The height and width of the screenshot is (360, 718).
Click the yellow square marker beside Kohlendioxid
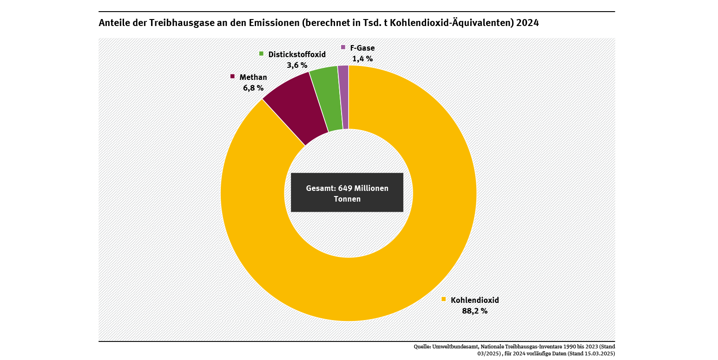(x=443, y=299)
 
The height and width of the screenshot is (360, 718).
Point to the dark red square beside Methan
(x=232, y=76)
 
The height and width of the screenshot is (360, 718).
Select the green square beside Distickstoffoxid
(x=261, y=54)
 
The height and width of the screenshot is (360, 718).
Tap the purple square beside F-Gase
(x=343, y=47)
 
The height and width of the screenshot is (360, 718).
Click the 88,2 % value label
(x=474, y=311)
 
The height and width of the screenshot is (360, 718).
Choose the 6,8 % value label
(x=253, y=88)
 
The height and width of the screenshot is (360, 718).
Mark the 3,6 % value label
(x=297, y=65)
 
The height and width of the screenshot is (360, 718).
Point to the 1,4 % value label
(x=362, y=59)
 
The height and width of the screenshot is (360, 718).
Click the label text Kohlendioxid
(x=474, y=300)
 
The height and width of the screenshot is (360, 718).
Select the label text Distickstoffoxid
(x=297, y=54)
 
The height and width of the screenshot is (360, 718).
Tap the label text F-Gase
(x=362, y=47)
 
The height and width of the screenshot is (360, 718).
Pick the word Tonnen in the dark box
(x=347, y=199)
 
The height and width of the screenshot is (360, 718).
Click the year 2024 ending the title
(x=527, y=23)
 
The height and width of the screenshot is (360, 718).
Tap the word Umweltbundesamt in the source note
(x=455, y=347)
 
